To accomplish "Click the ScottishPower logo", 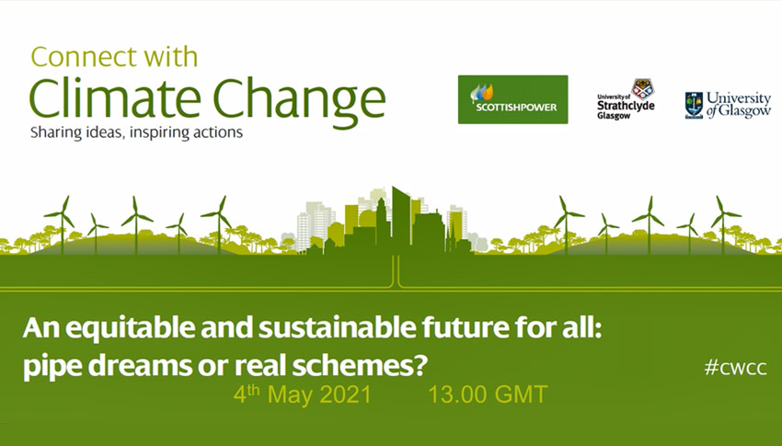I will pos(512,98).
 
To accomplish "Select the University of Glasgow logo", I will pos(727,106).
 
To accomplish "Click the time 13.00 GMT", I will pos(487,395).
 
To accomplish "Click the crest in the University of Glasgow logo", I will pos(694,105).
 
